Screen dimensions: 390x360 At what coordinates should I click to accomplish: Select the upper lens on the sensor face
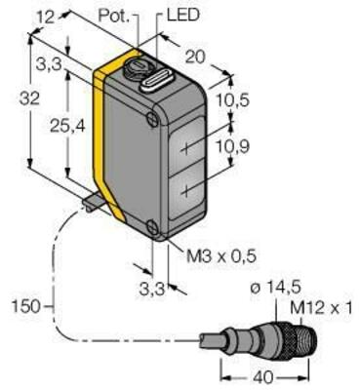pyautogui.click(x=191, y=143)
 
